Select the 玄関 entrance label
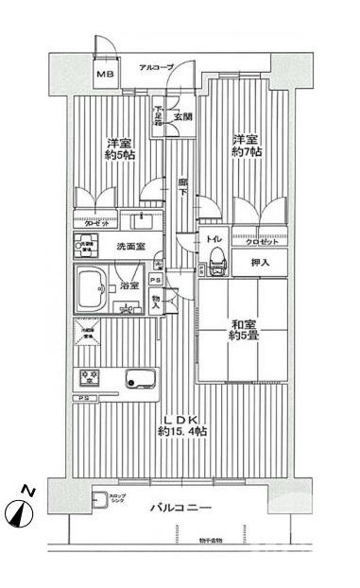182,117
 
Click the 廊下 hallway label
181,186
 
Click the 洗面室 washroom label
130,247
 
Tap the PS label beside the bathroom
155,280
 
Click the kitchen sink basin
144,380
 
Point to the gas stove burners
92,376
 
